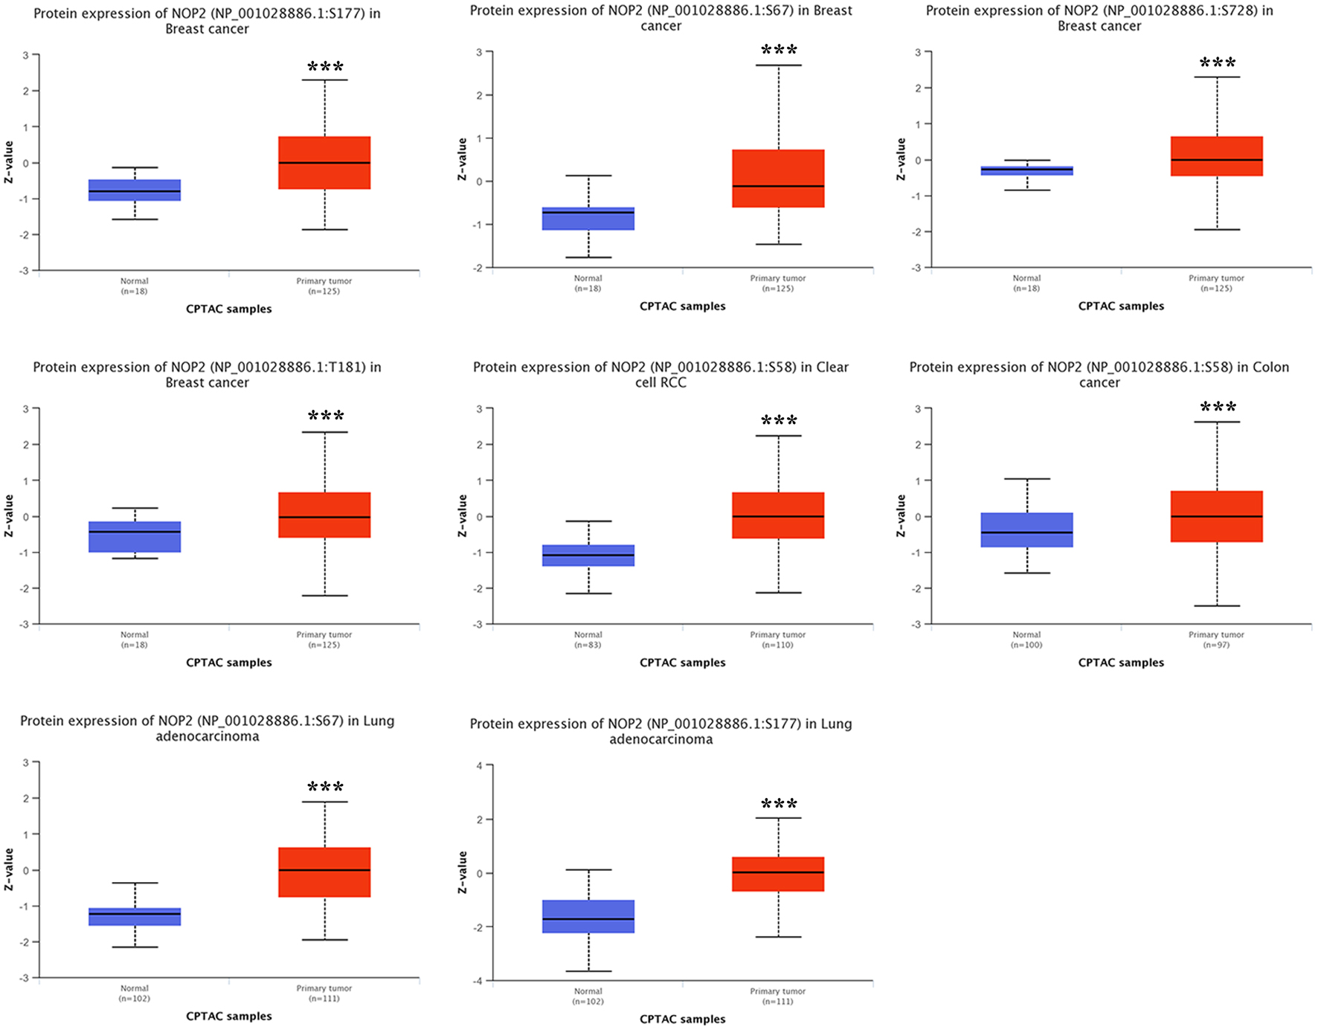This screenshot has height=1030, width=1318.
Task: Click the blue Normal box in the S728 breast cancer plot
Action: click(x=1026, y=170)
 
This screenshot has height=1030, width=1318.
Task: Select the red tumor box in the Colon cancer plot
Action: click(x=1217, y=516)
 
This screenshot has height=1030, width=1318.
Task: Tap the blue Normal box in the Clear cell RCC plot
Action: click(x=588, y=556)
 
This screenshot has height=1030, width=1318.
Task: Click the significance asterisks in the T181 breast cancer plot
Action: click(x=326, y=416)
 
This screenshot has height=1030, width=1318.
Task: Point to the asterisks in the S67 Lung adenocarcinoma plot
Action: click(x=326, y=788)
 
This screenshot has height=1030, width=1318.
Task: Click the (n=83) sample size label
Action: click(x=588, y=645)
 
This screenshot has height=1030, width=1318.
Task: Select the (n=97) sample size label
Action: click(x=1217, y=645)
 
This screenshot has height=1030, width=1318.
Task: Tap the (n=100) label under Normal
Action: click(x=1026, y=645)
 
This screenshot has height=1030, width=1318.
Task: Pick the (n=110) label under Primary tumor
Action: click(x=778, y=645)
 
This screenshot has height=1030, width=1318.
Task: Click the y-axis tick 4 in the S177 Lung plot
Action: click(x=480, y=766)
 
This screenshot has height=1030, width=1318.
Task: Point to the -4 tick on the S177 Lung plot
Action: click(x=478, y=981)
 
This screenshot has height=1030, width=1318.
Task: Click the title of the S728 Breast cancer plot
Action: click(x=1099, y=19)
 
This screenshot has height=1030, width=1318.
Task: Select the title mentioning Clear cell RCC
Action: click(x=661, y=375)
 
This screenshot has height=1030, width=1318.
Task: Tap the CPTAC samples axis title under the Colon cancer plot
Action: click(x=1121, y=663)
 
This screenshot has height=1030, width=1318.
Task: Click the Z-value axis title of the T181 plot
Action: click(x=9, y=516)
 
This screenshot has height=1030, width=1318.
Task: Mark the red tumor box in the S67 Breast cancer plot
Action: click(x=778, y=178)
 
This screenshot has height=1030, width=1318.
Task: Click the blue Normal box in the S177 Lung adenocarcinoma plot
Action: click(x=588, y=916)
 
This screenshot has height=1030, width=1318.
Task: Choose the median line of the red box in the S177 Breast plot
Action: click(x=324, y=163)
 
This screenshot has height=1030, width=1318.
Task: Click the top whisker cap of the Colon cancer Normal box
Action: click(x=1026, y=479)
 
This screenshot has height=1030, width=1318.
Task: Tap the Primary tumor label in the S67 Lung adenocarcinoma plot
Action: click(x=324, y=988)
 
